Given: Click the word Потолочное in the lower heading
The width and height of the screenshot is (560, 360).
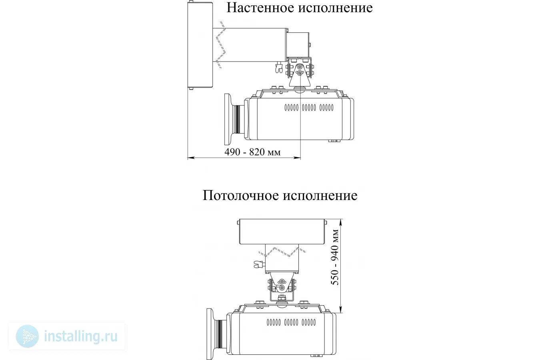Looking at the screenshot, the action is [x=240, y=195].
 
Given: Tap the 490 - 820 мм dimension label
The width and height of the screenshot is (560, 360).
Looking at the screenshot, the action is [x=252, y=152].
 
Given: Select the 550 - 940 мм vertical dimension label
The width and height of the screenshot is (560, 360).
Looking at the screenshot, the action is [x=335, y=257].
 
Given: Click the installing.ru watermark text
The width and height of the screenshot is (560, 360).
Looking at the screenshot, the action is [x=81, y=336].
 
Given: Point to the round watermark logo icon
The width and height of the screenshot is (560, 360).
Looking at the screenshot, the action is [x=27, y=336].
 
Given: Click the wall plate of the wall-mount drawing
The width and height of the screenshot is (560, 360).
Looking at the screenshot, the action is [x=200, y=45].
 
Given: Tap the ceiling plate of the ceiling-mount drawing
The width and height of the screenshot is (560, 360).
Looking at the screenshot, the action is [x=282, y=232].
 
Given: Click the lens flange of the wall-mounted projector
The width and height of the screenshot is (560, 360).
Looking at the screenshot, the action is [x=228, y=119].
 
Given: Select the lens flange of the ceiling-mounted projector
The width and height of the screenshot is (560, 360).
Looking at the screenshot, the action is [x=210, y=334].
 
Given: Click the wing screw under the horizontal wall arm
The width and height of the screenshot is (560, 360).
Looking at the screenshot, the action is [x=279, y=67].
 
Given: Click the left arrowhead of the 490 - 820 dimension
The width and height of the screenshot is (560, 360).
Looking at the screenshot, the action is [x=191, y=158].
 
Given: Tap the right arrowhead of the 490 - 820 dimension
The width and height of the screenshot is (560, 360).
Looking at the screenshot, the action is [x=297, y=158].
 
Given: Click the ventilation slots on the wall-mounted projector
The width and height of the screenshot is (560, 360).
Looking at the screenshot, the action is [x=309, y=108].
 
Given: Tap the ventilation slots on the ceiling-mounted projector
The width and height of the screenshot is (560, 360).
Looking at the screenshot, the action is [x=291, y=322].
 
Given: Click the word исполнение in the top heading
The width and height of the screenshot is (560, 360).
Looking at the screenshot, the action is [x=336, y=8].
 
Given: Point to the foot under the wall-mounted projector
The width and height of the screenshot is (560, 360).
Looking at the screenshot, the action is [x=334, y=141].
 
